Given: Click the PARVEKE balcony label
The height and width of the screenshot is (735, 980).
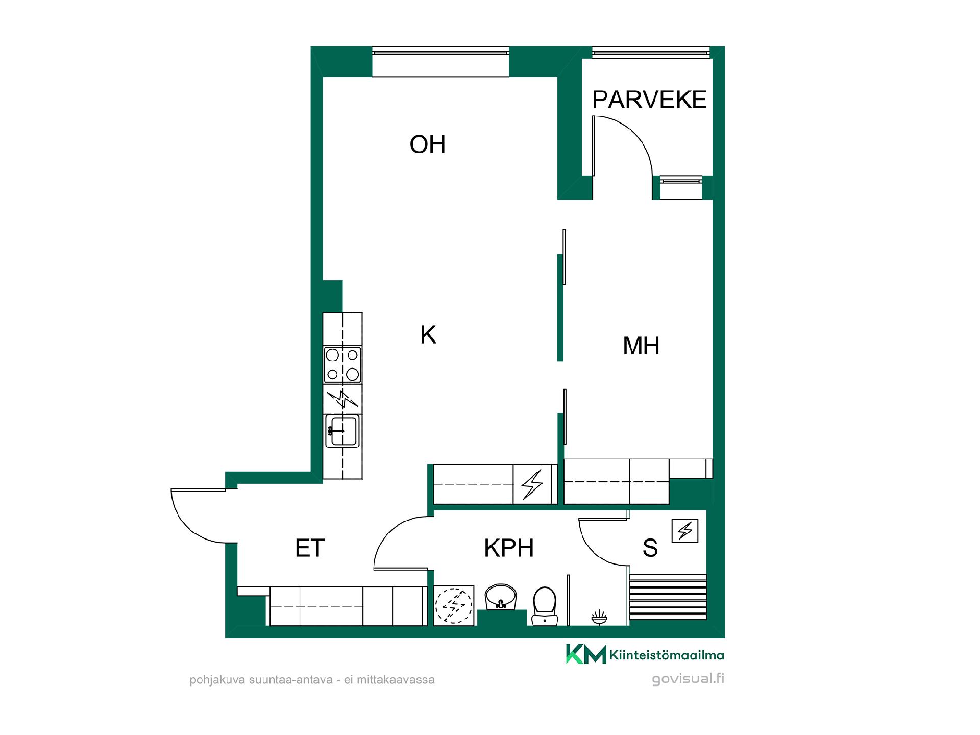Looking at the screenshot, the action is click(649, 100).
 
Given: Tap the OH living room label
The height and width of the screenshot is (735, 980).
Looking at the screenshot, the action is click(428, 144).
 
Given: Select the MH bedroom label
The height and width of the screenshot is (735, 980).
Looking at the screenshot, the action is click(641, 346).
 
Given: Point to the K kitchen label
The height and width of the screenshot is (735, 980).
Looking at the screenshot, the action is click(428, 335).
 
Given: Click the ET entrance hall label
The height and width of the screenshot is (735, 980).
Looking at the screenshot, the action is click(310, 548).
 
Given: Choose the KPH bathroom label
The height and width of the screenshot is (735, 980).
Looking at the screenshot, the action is click(509, 548).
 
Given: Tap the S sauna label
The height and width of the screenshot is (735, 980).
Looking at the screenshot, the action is click(650, 548).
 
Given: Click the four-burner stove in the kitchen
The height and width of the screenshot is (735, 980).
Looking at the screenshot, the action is click(342, 365).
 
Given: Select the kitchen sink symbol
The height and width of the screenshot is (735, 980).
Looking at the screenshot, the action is click(342, 430).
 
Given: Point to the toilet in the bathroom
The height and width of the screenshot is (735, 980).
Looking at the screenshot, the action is click(544, 606).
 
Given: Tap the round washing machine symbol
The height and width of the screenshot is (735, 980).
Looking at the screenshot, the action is click(454, 606).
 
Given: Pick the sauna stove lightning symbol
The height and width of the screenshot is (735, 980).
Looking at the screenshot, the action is click(685, 531).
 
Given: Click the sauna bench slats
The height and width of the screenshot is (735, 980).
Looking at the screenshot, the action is click(668, 597).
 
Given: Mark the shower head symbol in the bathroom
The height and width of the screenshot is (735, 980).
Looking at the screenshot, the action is click(599, 618).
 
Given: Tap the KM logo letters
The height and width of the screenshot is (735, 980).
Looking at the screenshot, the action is click(586, 654).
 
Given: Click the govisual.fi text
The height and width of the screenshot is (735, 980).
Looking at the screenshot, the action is click(688, 679).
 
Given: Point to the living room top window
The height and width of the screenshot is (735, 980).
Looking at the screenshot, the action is click(440, 51).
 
